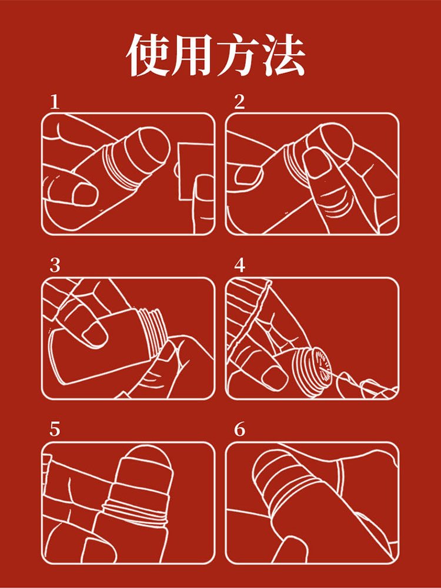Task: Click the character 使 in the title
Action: (x=148, y=55)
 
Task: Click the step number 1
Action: (x=55, y=102)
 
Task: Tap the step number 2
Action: (x=239, y=102)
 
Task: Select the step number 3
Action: (x=55, y=266)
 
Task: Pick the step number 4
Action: (x=239, y=266)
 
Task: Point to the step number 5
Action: (x=55, y=429)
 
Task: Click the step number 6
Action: (x=239, y=429)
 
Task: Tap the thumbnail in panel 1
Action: (x=85, y=194)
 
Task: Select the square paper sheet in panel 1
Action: (x=195, y=170)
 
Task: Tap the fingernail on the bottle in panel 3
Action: (x=94, y=335)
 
